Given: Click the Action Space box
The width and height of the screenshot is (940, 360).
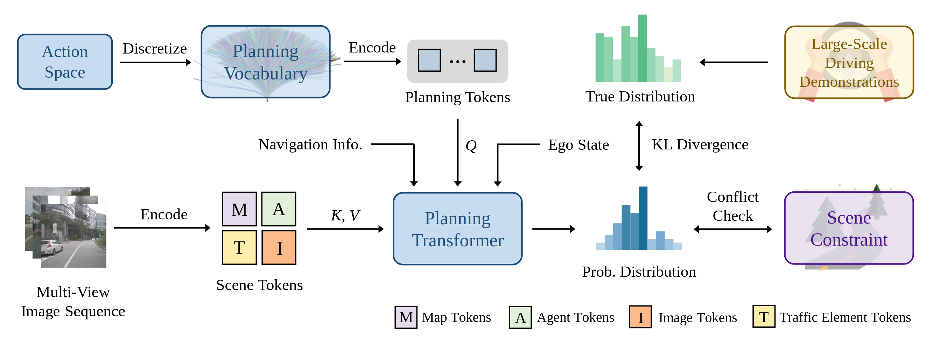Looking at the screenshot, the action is point(65,62).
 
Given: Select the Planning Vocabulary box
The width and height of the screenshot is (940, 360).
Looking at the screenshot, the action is point(266,62).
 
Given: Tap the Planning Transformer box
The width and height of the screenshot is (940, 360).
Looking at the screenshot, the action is point(458,229).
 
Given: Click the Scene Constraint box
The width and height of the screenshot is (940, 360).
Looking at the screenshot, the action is point(849,228).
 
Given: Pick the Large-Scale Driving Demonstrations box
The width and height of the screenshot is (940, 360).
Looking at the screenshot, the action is point(849,62).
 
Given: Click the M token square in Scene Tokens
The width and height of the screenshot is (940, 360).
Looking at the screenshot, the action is point(239,209).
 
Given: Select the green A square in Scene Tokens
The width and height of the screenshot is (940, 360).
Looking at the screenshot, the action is point(279,209).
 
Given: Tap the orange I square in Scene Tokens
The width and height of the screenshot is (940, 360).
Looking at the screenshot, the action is point(279,247).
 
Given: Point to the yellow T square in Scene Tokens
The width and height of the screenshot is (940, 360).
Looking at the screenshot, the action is point(239,247).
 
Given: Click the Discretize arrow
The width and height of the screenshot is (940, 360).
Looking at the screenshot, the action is point(155,62).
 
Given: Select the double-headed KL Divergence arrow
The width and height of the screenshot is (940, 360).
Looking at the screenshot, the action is point(639,146).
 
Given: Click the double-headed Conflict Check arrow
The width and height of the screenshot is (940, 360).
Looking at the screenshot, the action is point(733,229).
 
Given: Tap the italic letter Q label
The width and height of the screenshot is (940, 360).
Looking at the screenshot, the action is point(471,146).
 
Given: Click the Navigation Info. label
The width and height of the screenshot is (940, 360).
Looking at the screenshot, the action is point(310,144).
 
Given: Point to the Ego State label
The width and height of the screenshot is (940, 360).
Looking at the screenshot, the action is point(579,145).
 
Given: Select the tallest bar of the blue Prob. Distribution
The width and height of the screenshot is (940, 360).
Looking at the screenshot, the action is point(643,218).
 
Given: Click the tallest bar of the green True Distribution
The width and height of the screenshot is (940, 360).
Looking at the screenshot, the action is point(643,48).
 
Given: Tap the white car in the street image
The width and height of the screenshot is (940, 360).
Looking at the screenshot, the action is point(52,247).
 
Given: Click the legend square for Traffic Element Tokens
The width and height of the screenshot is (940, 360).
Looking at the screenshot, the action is point(764,317).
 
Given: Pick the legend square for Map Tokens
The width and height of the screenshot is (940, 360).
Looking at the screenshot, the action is point(406,317).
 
